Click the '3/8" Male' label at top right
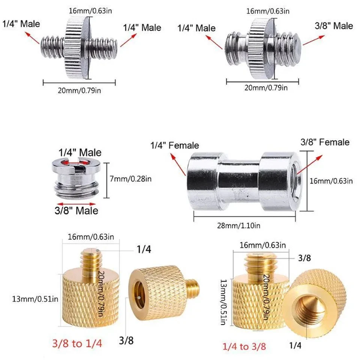333,26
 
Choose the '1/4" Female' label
175,145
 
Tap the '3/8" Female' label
325,142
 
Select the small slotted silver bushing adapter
78,176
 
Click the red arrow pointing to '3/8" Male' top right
313,39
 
